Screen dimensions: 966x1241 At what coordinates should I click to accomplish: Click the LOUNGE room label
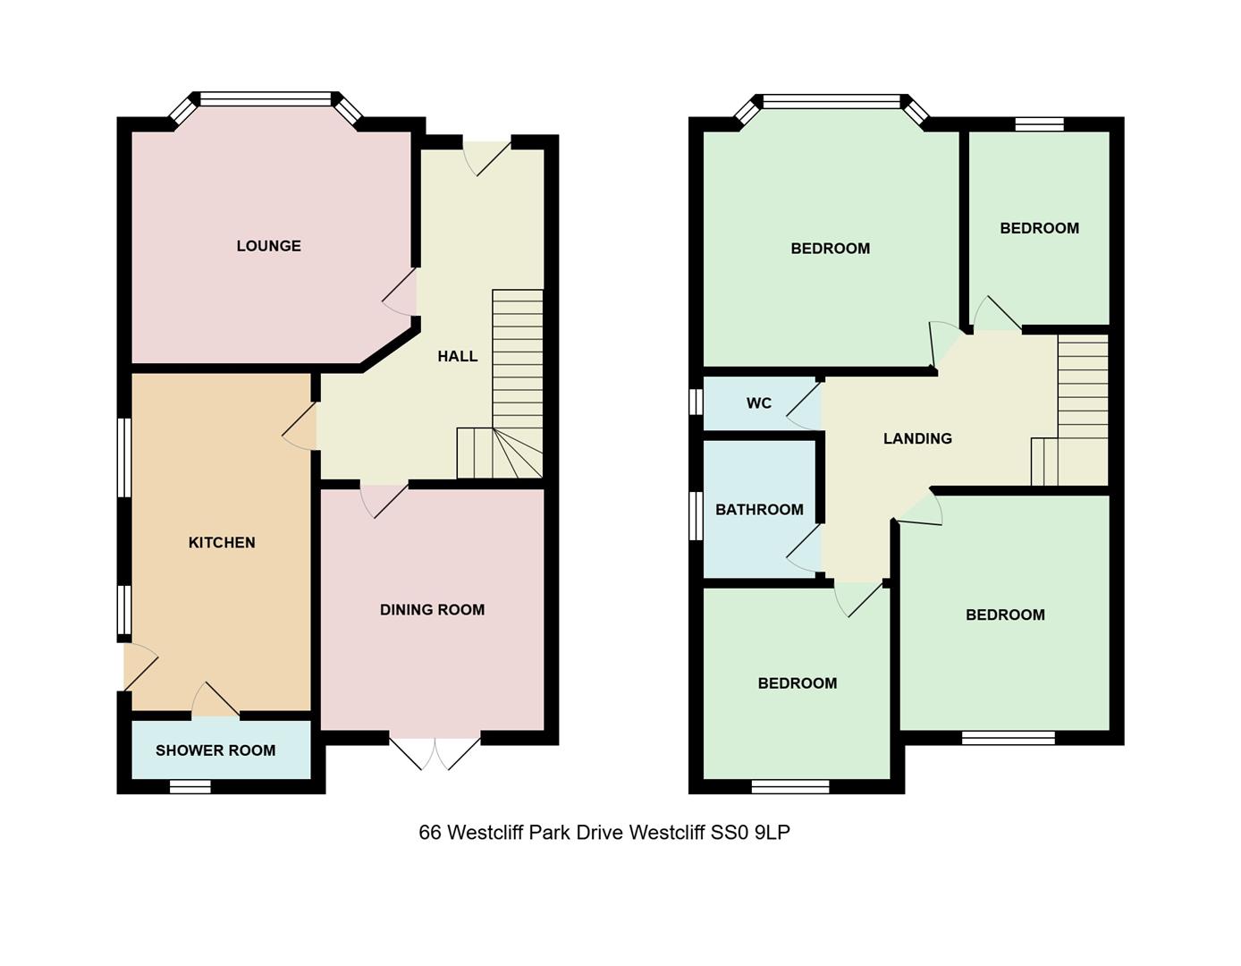tap(268, 246)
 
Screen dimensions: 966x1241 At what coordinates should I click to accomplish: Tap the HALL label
tap(457, 356)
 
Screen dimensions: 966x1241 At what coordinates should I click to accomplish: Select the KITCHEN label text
tap(222, 543)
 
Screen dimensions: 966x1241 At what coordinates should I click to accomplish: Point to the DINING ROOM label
tap(432, 610)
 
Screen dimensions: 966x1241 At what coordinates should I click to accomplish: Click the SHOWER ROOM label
tap(215, 750)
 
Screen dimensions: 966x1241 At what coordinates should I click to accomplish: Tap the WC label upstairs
tap(758, 403)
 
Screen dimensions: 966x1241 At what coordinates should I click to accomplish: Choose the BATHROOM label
tap(759, 510)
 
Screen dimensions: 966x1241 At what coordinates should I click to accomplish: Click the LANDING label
tap(917, 438)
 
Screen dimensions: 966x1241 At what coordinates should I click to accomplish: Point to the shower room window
tap(190, 787)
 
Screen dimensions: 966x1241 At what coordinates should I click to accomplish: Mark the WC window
tap(696, 402)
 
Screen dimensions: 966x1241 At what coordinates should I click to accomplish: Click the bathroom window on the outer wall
tap(696, 516)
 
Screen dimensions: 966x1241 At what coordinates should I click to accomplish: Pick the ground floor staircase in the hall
tap(517, 385)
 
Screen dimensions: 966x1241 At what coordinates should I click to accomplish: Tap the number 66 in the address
tap(429, 833)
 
